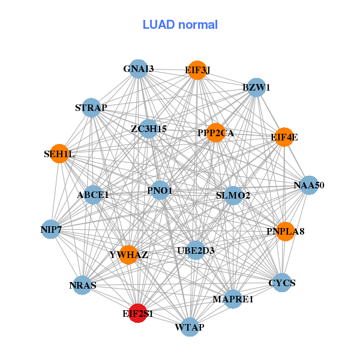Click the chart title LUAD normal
coord(180,25)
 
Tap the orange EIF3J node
coord(197,70)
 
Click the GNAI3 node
coord(139,69)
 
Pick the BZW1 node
coord(256,88)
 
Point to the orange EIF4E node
coord(284,137)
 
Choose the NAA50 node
coord(308,185)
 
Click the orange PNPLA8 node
coord(286,231)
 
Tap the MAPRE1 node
coord(233,299)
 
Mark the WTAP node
coord(190,327)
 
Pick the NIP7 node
coord(51,229)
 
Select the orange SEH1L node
coord(59,154)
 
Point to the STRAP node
coord(91,108)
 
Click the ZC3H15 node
coord(149,128)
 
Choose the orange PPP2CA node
coord(215,133)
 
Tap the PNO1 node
coord(160,191)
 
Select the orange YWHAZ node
coord(128,255)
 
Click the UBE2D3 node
coord(196,250)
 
